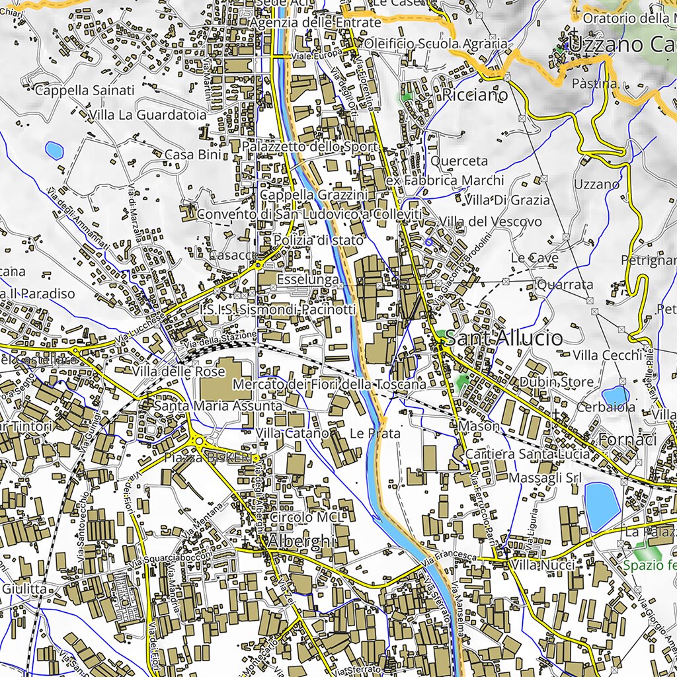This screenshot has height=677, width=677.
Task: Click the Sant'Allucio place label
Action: [x=504, y=338]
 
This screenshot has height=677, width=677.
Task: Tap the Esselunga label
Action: [x=308, y=280]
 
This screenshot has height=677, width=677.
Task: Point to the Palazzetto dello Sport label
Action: [x=310, y=146]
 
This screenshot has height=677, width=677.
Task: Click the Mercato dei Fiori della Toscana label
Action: [x=329, y=384]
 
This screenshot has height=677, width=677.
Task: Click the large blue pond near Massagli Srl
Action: [x=602, y=505]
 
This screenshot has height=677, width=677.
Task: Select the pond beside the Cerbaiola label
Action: [x=616, y=395]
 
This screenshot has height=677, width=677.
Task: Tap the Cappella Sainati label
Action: [x=85, y=90]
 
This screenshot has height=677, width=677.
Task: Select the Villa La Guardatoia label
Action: [x=147, y=115]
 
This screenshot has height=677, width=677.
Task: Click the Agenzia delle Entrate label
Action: [x=315, y=22]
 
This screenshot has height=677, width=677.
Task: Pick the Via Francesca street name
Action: [x=452, y=559]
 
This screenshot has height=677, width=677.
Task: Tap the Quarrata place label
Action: [x=565, y=284]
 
